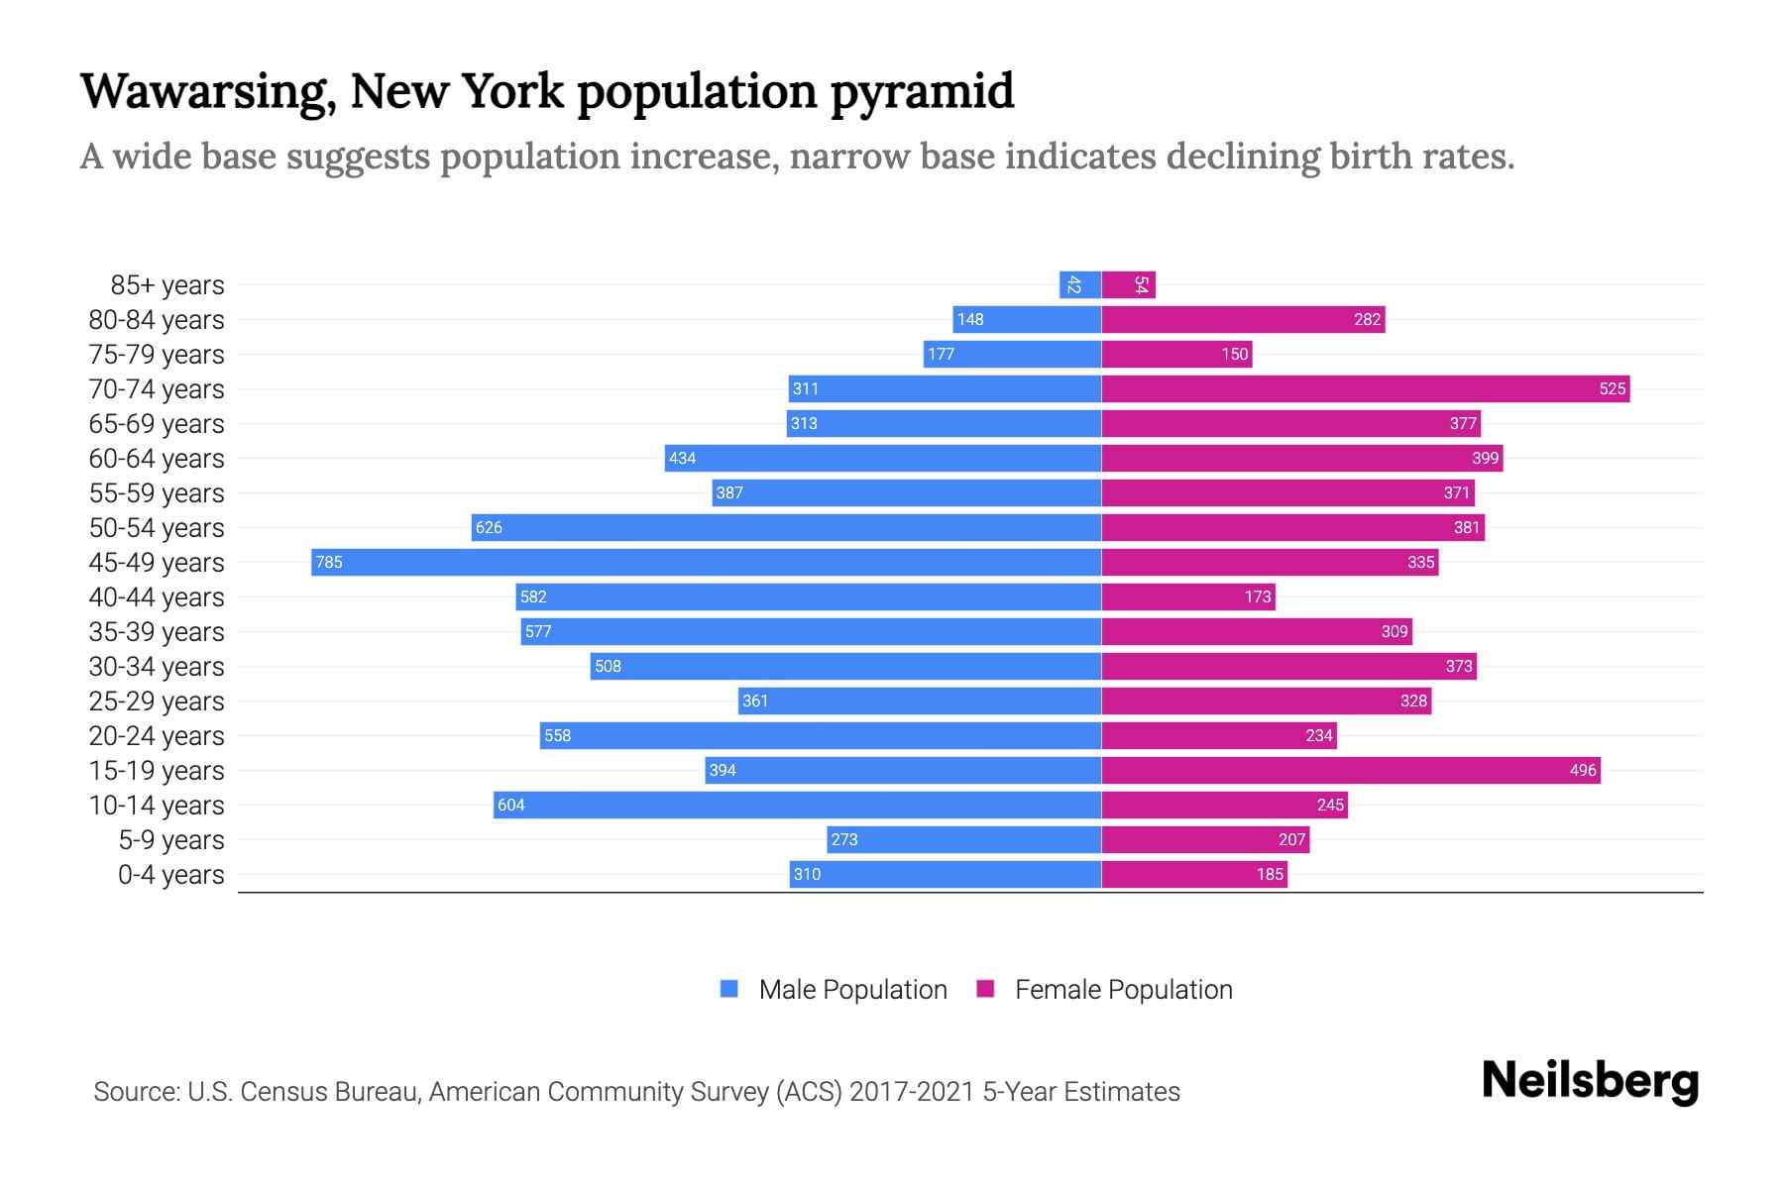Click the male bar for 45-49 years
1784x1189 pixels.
[x=706, y=562]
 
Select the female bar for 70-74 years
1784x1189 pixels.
[x=1365, y=388]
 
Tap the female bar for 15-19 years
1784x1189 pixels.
[x=1350, y=770]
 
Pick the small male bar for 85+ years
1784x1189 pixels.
[x=1080, y=284]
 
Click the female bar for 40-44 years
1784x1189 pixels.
[x=1187, y=596]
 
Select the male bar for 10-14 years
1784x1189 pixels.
[x=797, y=805]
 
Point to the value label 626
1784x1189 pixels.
[x=489, y=527]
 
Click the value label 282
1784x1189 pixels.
[x=1367, y=319]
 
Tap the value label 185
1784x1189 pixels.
[x=1270, y=874]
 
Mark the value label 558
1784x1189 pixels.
[x=558, y=735]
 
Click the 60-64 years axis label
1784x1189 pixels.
[x=157, y=459]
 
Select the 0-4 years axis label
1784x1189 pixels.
[x=170, y=875]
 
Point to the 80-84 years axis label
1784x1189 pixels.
[x=157, y=320]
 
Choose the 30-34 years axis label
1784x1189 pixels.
[x=157, y=667]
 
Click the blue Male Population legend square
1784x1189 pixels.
[x=729, y=989]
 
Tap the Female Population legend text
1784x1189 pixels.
[x=1123, y=990]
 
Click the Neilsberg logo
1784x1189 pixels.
[x=1590, y=1081]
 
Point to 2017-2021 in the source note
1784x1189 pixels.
[x=912, y=1092]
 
